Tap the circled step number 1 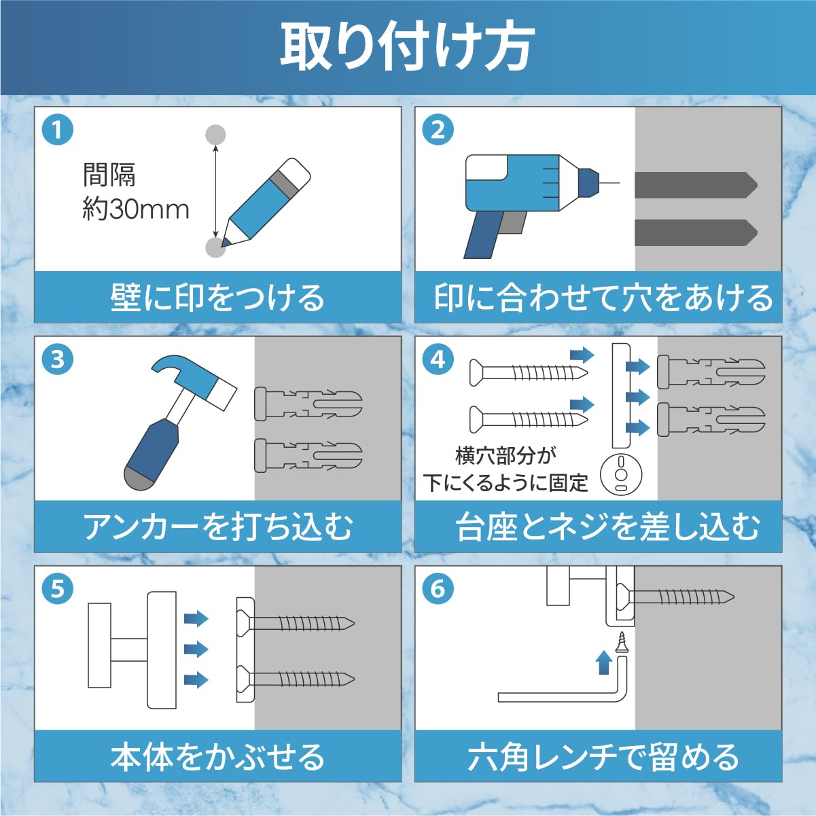58,129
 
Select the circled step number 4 438,359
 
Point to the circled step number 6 438,588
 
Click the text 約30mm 136,209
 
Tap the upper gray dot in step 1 215,135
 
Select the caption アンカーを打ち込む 217,527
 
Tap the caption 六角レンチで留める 603,757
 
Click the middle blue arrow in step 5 196,649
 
